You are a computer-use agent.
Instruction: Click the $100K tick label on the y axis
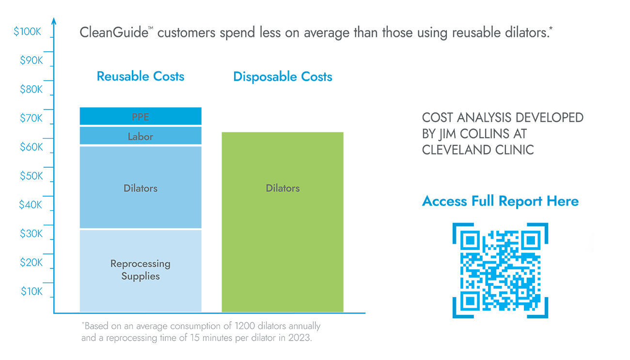[x=28, y=32]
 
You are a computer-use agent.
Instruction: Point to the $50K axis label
[x=31, y=176]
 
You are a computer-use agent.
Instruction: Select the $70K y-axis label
[x=31, y=118]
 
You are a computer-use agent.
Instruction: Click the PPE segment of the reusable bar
[x=140, y=116]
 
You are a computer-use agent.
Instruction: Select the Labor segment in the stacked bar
[x=140, y=136]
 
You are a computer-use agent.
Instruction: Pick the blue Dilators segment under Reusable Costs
[x=140, y=188]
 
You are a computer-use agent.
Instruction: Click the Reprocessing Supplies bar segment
[x=140, y=270]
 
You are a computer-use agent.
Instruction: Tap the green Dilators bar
[x=283, y=222]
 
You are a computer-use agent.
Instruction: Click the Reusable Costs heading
[x=141, y=77]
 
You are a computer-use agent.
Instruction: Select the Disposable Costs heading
[x=283, y=77]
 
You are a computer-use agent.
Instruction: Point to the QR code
[x=500, y=270]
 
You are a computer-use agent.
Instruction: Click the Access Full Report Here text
[x=500, y=201]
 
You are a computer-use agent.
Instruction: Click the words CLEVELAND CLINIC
[x=478, y=150]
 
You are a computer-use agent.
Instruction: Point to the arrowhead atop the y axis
[x=54, y=21]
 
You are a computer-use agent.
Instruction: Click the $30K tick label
[x=31, y=234]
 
